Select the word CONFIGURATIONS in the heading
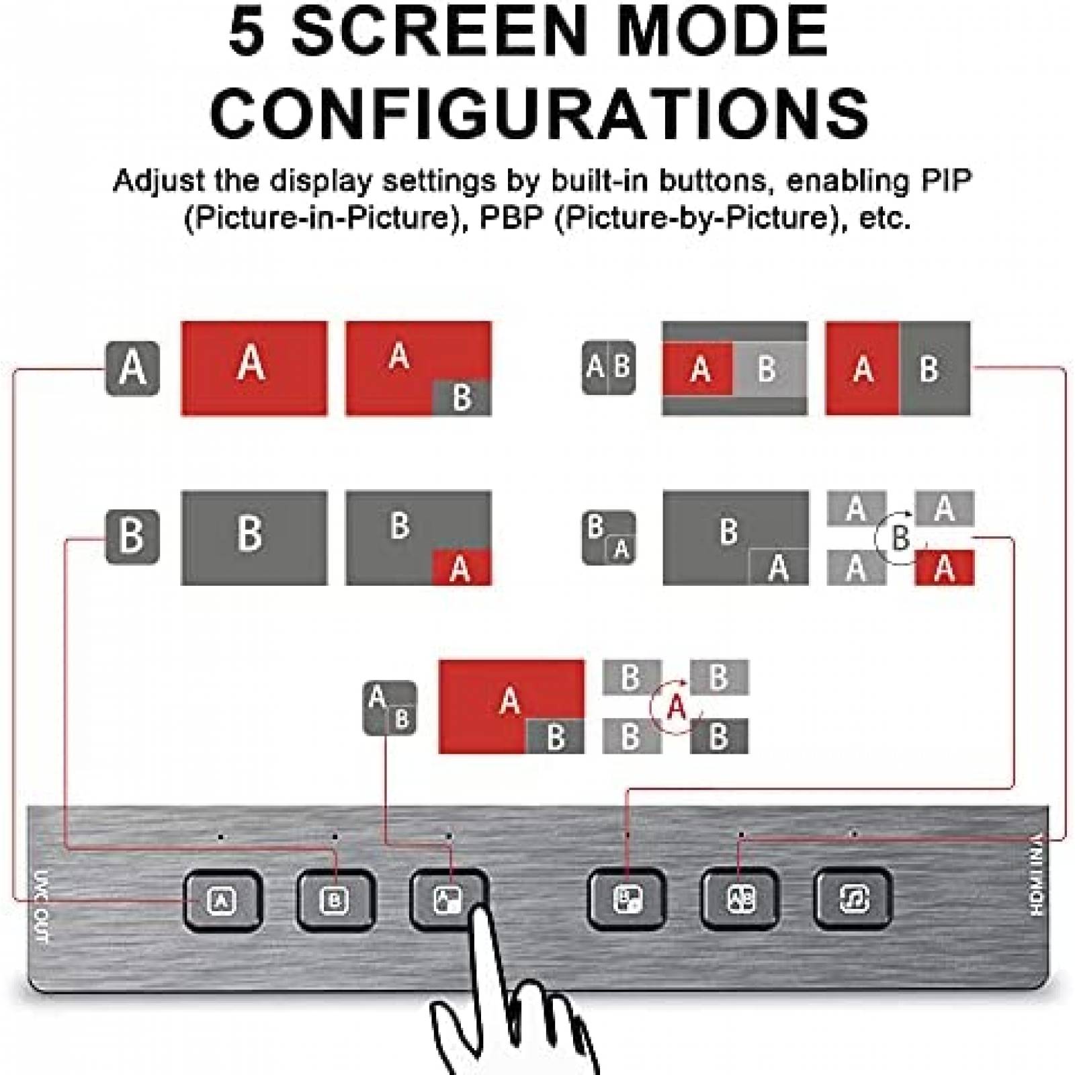point(540,112)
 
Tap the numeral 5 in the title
point(247,32)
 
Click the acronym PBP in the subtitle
point(511,218)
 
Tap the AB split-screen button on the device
point(740,899)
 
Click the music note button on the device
point(853,899)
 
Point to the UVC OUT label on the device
point(40,907)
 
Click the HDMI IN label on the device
point(1037,874)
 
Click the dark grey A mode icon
point(132,368)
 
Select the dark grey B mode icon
point(132,537)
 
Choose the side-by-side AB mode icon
point(609,367)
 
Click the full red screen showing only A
point(255,368)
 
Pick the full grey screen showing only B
point(255,537)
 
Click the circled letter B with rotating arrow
point(900,537)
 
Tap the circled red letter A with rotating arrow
point(676,707)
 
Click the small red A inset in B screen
point(461,567)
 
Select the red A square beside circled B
point(945,567)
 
